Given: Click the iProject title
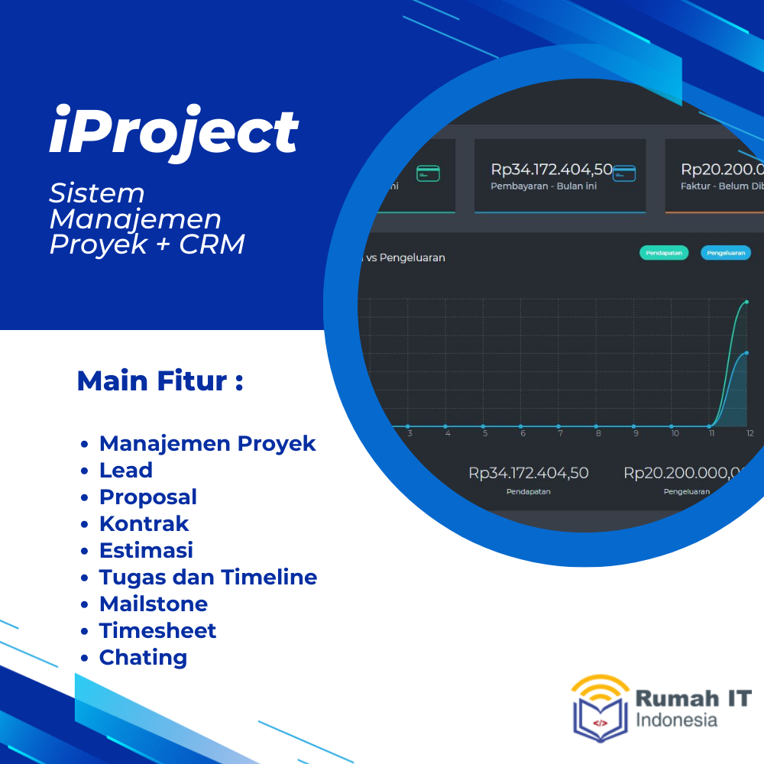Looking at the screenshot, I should [x=173, y=132].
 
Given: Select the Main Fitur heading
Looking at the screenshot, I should [x=160, y=380].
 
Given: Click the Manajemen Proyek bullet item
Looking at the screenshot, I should [x=207, y=443].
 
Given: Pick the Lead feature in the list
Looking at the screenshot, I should [x=126, y=470].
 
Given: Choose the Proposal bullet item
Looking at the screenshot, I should [x=148, y=497].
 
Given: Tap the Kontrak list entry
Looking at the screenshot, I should [x=144, y=523].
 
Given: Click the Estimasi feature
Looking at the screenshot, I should [x=146, y=550].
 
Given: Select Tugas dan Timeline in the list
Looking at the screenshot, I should [x=208, y=577].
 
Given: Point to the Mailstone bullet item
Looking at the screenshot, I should [x=154, y=604].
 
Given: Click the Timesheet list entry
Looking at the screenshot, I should [x=157, y=630].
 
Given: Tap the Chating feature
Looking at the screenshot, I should [x=143, y=657].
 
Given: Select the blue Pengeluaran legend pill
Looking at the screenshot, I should [x=725, y=253].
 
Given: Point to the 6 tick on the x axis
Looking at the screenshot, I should [x=523, y=434].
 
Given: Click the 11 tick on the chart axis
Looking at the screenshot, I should [x=711, y=434].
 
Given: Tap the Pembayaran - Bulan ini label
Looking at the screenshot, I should [x=543, y=186].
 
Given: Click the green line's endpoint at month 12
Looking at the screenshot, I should [x=746, y=302].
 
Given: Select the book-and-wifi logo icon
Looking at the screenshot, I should [x=601, y=707].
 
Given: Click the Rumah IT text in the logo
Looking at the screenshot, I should [x=694, y=698].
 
